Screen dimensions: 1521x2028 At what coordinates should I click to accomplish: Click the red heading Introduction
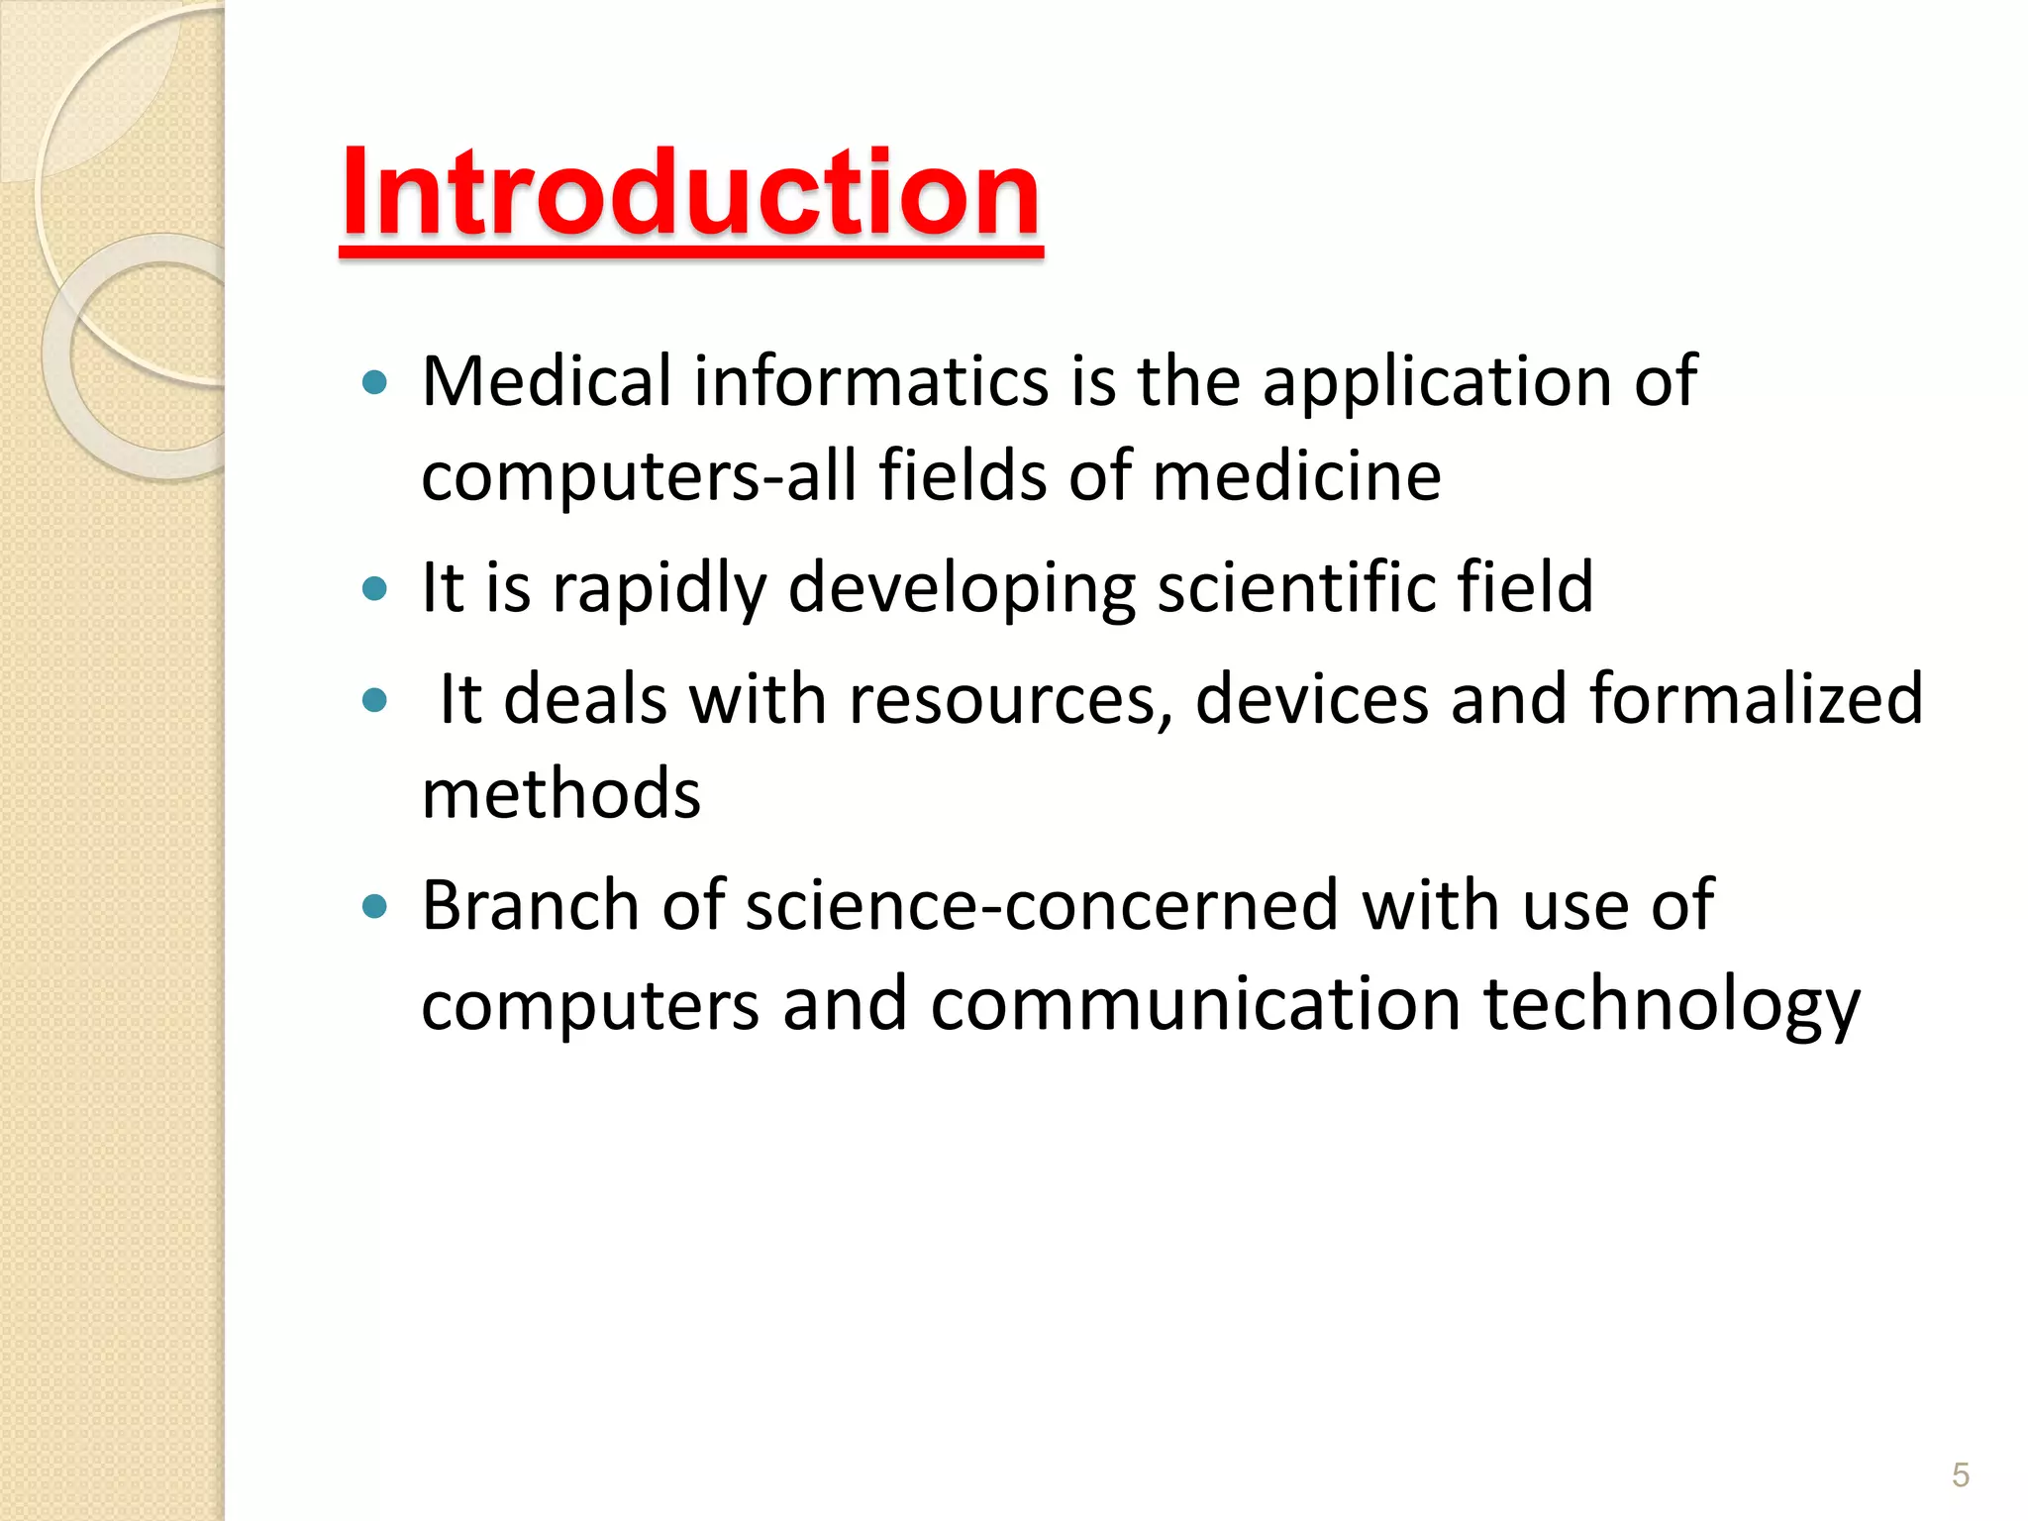coord(690,192)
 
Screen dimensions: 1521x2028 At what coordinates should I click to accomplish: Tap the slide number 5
coord(1960,1474)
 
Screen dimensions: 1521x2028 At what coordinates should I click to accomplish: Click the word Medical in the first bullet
coord(547,381)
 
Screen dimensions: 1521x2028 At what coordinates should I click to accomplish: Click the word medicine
coord(1296,476)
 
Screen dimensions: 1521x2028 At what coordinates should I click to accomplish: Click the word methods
coord(561,794)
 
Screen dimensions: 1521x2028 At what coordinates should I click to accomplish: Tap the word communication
coord(1195,1004)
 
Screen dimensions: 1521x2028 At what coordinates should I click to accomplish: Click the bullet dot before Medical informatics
coord(374,383)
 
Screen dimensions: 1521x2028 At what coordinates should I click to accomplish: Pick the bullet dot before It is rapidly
coord(374,590)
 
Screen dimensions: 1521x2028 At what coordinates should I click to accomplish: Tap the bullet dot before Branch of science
coord(374,906)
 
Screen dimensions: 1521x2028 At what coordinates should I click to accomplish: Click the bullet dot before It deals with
coord(374,701)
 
